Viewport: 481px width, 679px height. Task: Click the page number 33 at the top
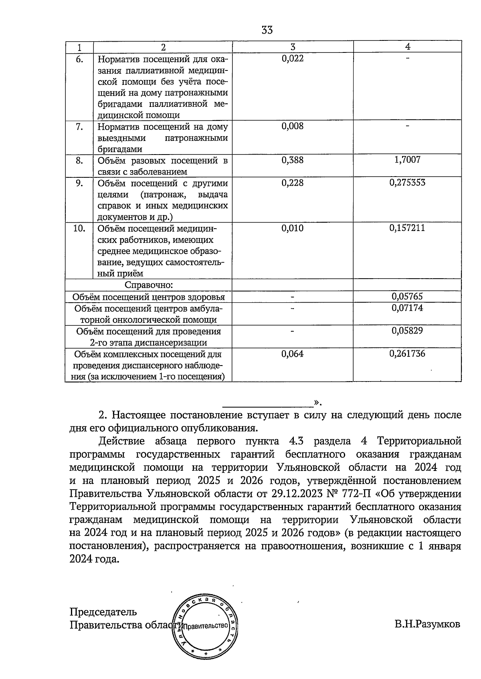click(x=267, y=30)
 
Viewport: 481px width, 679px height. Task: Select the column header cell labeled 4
click(x=407, y=46)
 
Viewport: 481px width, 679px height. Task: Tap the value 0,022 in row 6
click(x=293, y=58)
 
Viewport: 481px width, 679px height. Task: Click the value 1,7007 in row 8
click(x=407, y=160)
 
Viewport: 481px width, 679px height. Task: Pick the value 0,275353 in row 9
click(x=407, y=183)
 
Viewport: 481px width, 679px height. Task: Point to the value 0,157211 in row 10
click(x=407, y=228)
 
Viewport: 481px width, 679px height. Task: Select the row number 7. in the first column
click(x=79, y=127)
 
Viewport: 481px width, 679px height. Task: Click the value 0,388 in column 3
click(x=293, y=160)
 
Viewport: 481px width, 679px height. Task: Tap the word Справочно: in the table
click(x=149, y=285)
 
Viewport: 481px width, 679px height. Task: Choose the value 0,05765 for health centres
click(x=407, y=297)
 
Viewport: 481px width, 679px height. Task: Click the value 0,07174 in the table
click(x=407, y=308)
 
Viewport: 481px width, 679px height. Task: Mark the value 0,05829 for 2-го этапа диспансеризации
click(x=407, y=331)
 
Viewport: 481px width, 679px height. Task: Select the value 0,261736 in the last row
click(x=407, y=354)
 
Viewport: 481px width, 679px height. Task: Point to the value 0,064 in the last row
click(x=293, y=354)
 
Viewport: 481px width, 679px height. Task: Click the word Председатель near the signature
click(x=103, y=612)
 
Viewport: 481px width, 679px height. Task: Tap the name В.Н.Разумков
click(x=427, y=625)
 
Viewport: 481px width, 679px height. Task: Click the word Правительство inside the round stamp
click(x=205, y=625)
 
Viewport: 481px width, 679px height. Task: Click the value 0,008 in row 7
click(x=293, y=127)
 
